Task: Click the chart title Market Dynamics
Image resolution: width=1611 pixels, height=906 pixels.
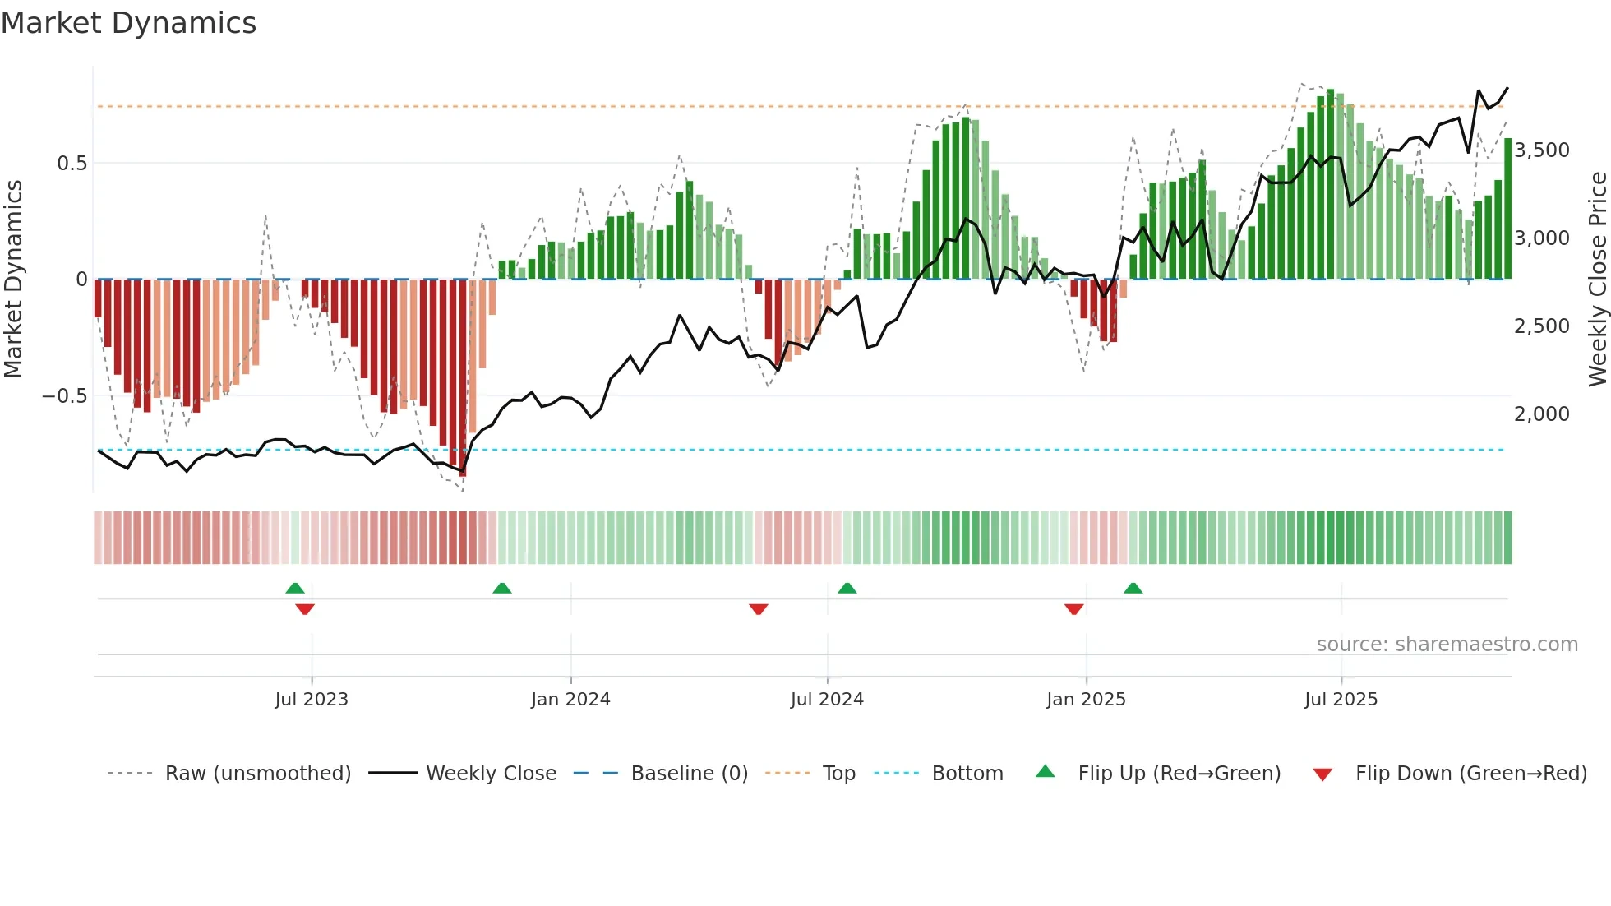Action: [128, 23]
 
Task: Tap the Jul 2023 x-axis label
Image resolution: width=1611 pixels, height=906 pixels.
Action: [312, 700]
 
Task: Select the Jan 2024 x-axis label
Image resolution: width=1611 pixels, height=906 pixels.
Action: [570, 700]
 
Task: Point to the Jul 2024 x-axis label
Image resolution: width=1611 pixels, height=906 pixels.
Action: [827, 700]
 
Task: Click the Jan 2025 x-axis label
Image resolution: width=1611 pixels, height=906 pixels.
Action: [1086, 700]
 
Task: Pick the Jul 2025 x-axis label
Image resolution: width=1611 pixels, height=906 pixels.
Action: [1341, 700]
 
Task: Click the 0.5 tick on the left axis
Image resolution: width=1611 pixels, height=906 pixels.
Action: [72, 164]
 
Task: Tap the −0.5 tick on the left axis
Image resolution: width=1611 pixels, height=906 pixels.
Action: [65, 396]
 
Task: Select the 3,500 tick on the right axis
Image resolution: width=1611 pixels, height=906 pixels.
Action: [1542, 150]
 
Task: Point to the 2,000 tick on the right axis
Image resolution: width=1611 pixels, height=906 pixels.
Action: [1542, 414]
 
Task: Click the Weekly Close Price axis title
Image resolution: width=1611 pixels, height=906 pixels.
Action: [1597, 280]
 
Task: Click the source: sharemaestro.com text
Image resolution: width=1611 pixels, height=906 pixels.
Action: [1447, 645]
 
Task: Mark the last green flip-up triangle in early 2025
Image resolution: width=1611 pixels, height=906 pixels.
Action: [1133, 588]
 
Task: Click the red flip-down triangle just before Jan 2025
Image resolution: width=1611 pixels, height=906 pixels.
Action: [1073, 609]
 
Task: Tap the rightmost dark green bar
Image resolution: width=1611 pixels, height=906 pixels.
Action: [1507, 210]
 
